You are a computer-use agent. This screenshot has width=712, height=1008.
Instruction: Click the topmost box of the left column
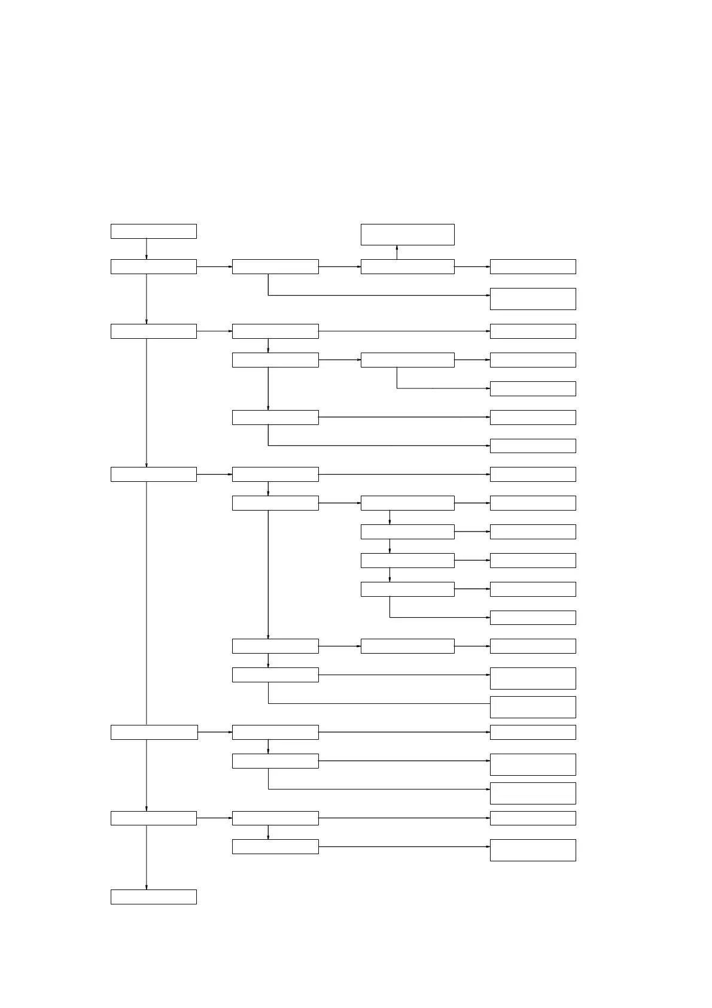153,231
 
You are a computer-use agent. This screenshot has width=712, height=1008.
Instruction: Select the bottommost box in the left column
153,896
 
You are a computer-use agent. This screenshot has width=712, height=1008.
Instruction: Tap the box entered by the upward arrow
407,234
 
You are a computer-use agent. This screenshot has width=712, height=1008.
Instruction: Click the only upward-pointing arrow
397,252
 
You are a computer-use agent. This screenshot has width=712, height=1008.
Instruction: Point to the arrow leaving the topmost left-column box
146,249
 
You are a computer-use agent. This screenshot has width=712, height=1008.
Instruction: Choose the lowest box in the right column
533,850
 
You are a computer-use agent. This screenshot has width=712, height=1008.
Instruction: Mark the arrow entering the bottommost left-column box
146,857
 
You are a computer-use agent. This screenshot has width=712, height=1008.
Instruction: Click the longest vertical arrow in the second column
268,575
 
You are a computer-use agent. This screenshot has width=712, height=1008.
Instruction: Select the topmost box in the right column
533,266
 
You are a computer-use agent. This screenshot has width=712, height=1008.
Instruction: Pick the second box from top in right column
533,299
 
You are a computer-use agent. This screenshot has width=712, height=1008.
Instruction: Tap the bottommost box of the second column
275,846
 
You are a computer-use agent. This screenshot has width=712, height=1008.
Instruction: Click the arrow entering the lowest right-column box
404,846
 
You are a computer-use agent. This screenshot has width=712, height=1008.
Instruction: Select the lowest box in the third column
407,646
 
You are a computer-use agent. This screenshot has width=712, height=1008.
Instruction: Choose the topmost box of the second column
275,266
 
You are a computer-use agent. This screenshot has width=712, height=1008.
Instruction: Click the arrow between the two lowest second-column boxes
268,832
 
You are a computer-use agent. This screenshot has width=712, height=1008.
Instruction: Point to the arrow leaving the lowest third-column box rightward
472,646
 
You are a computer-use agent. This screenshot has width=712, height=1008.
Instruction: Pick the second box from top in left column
153,266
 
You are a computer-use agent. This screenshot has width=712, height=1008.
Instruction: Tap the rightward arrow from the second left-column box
214,266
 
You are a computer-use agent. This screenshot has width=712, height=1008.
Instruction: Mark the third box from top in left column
153,331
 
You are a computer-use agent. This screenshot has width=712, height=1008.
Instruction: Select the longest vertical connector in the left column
146,603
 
